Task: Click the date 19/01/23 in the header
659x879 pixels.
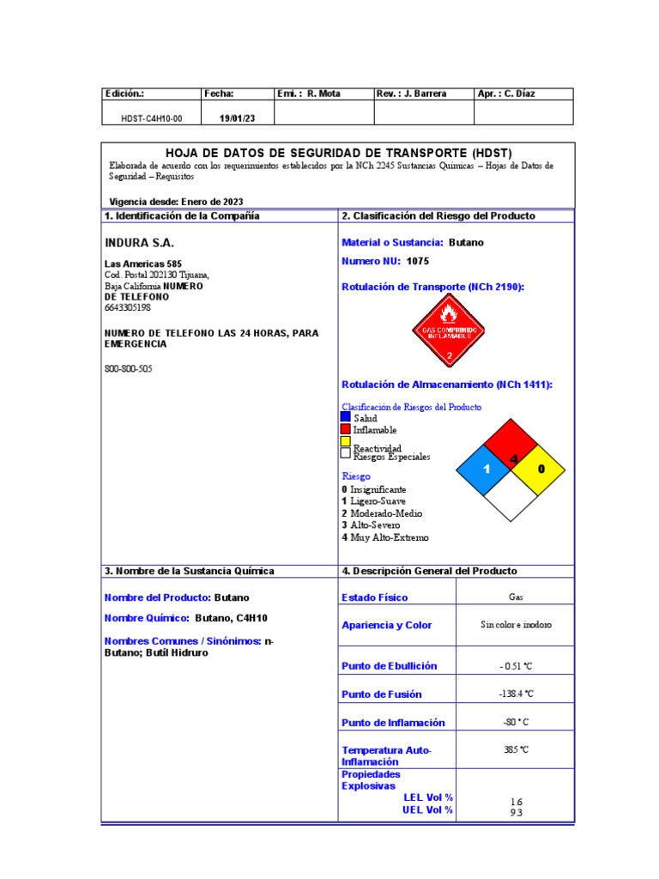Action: click(x=236, y=118)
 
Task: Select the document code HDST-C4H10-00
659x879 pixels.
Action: click(x=151, y=118)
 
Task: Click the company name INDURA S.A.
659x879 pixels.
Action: click(x=139, y=243)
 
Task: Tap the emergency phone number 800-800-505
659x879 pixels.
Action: click(x=129, y=368)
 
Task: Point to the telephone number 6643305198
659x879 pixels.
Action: click(x=127, y=307)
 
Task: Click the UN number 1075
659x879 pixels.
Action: click(x=418, y=260)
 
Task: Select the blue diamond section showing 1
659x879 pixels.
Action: click(x=485, y=470)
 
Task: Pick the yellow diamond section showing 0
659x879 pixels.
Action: click(x=540, y=470)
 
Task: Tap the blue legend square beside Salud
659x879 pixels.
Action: click(x=346, y=416)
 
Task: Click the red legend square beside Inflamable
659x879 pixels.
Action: click(x=346, y=428)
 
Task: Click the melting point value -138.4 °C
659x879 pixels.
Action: click(x=516, y=694)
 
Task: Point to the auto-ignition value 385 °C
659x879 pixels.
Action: click(x=516, y=749)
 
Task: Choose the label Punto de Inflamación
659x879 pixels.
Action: click(x=393, y=723)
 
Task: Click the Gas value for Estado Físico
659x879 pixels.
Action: click(x=516, y=597)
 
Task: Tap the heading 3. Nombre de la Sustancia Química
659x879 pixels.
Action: click(x=190, y=571)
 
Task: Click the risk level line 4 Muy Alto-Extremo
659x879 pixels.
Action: click(x=384, y=537)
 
